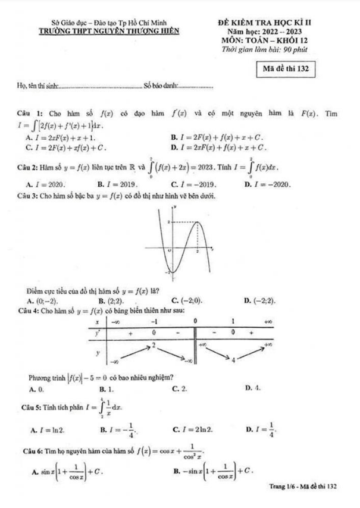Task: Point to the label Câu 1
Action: pos(29,113)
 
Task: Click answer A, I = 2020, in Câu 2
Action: pos(47,185)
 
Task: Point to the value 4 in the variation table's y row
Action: pos(234,360)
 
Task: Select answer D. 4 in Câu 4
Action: pos(253,388)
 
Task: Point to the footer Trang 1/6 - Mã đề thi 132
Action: pos(303,487)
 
